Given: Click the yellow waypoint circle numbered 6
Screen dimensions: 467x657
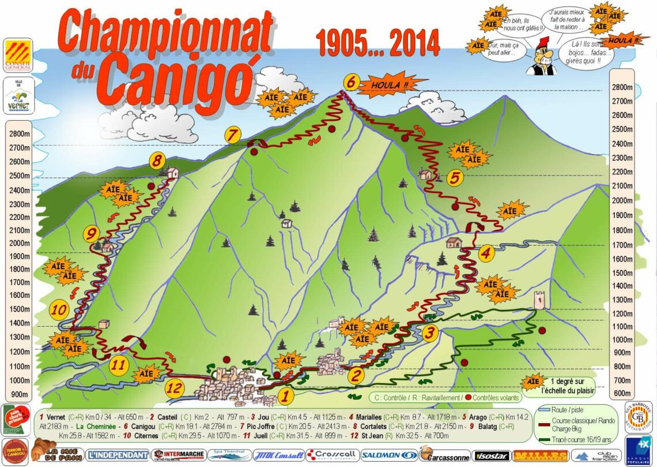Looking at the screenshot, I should pos(350,82).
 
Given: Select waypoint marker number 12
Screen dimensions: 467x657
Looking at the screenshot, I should pos(175,388).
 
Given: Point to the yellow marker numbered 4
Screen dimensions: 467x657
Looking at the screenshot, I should pos(486,253).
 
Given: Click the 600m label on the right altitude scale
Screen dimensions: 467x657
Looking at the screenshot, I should pos(622,394).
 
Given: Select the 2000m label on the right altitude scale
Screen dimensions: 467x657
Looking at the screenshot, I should pos(622,200).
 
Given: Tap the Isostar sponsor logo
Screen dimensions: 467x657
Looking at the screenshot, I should pos(490,455).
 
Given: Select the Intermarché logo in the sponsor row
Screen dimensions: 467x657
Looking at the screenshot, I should pos(178,455).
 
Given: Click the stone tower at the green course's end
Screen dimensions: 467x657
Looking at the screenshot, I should pos(539,300).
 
